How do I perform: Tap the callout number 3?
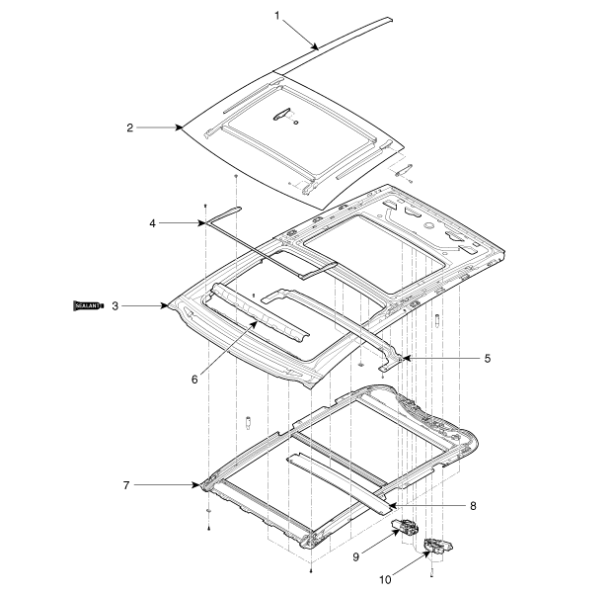point(115,306)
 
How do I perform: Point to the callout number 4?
point(153,223)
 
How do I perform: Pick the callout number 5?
point(487,358)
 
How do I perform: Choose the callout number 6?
point(194,378)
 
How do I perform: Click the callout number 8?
point(473,506)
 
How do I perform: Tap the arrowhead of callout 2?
point(182,127)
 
